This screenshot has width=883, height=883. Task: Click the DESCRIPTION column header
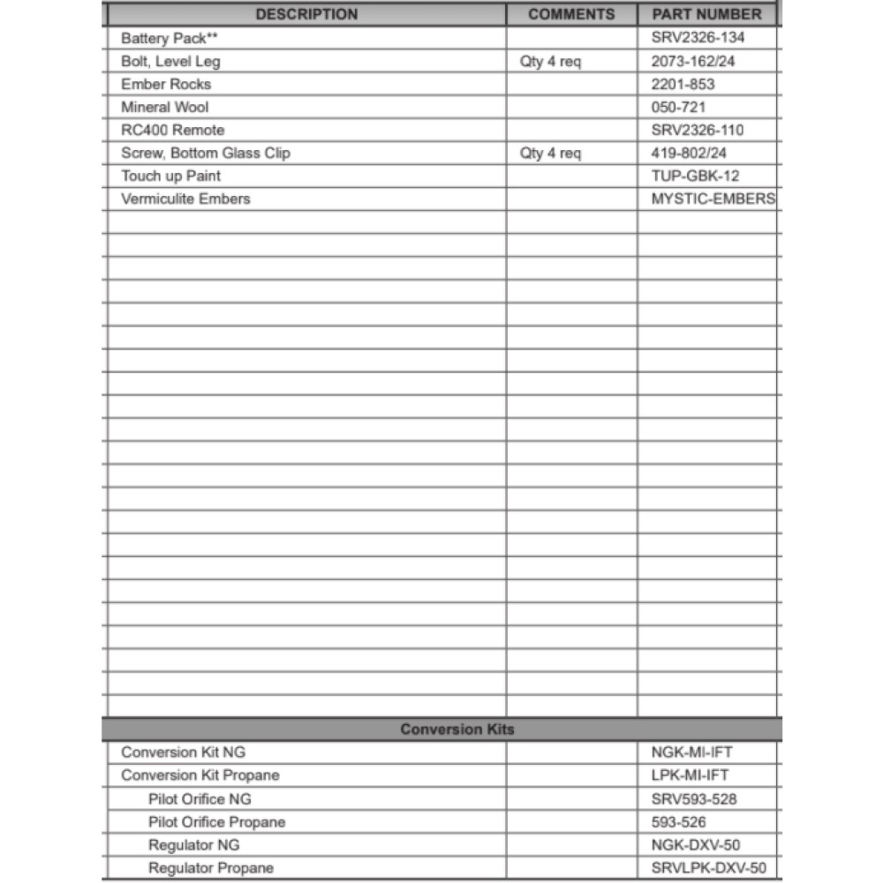[x=306, y=14]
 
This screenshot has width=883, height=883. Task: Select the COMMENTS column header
[x=571, y=14]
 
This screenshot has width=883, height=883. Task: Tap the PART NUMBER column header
[x=706, y=14]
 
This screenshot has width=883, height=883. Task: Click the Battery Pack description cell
[x=170, y=39]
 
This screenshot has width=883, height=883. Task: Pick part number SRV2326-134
[x=698, y=39]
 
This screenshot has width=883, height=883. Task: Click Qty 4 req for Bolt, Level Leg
[x=550, y=62]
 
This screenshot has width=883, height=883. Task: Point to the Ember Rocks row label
[x=166, y=85]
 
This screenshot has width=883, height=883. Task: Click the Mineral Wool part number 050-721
[x=678, y=108]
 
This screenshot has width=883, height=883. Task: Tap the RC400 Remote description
[x=173, y=131]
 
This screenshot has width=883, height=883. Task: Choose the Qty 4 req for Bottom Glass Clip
[x=550, y=154]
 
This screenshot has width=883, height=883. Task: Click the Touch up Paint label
[x=171, y=177]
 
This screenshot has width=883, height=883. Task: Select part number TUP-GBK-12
[x=696, y=177]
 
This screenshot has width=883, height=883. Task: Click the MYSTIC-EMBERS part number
[x=713, y=200]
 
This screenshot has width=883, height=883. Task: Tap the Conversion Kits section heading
[x=457, y=729]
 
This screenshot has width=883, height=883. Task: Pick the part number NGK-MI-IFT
[x=691, y=753]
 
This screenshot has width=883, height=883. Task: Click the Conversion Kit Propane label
[x=200, y=776]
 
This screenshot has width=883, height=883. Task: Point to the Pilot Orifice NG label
[x=200, y=799]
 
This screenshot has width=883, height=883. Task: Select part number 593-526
[x=678, y=822]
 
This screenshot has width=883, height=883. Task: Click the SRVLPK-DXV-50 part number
[x=709, y=869]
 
